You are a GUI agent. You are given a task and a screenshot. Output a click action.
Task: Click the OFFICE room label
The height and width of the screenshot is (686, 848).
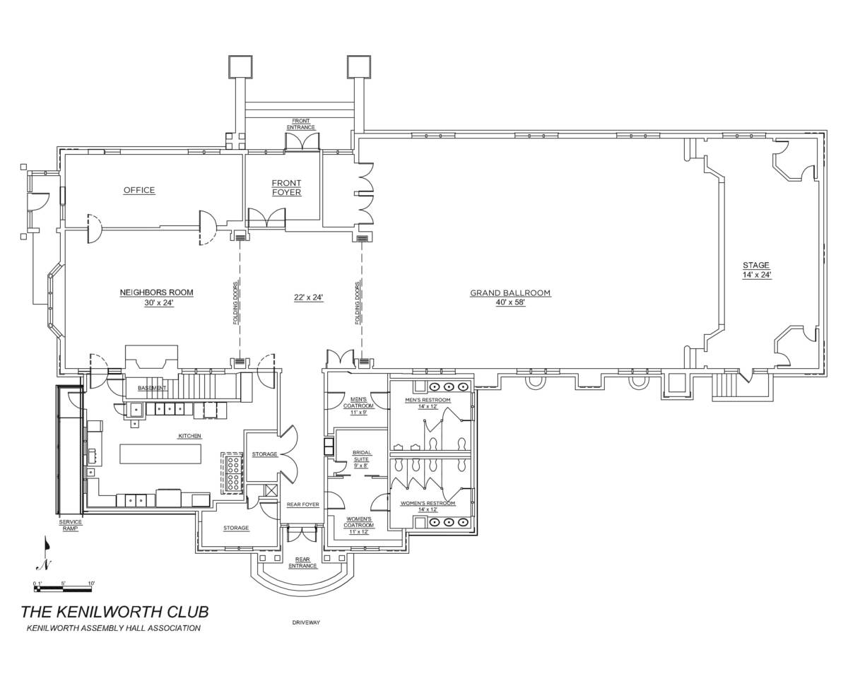coord(139,190)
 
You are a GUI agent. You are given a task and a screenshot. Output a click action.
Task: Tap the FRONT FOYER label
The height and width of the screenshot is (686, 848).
coord(286,188)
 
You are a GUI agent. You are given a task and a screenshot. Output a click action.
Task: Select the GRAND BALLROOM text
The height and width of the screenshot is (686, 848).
coord(510,292)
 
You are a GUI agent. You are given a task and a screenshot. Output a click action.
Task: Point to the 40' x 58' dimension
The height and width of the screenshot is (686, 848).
coord(510,303)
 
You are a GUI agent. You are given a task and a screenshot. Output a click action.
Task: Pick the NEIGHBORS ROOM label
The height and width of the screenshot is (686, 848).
coord(156,292)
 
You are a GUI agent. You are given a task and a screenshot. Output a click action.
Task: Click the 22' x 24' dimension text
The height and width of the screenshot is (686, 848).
coord(308,297)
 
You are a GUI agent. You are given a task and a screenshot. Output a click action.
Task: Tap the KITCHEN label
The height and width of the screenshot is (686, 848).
coord(189,436)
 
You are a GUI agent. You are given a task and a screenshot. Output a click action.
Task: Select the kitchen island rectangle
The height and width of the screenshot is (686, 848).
coord(160,454)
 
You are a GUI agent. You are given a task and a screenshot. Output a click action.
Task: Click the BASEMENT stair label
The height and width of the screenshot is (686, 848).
coord(152,388)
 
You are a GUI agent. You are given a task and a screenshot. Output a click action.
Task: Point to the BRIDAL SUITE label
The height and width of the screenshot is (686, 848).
coord(362,459)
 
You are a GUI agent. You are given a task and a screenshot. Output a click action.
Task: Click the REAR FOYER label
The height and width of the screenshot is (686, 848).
coord(302,504)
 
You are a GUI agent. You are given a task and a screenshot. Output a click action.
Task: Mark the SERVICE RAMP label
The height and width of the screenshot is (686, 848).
coord(71,525)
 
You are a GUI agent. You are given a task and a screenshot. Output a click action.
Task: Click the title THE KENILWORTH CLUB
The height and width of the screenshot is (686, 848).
coord(114,611)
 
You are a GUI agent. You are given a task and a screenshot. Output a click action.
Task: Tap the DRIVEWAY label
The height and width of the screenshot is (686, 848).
coord(306,622)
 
